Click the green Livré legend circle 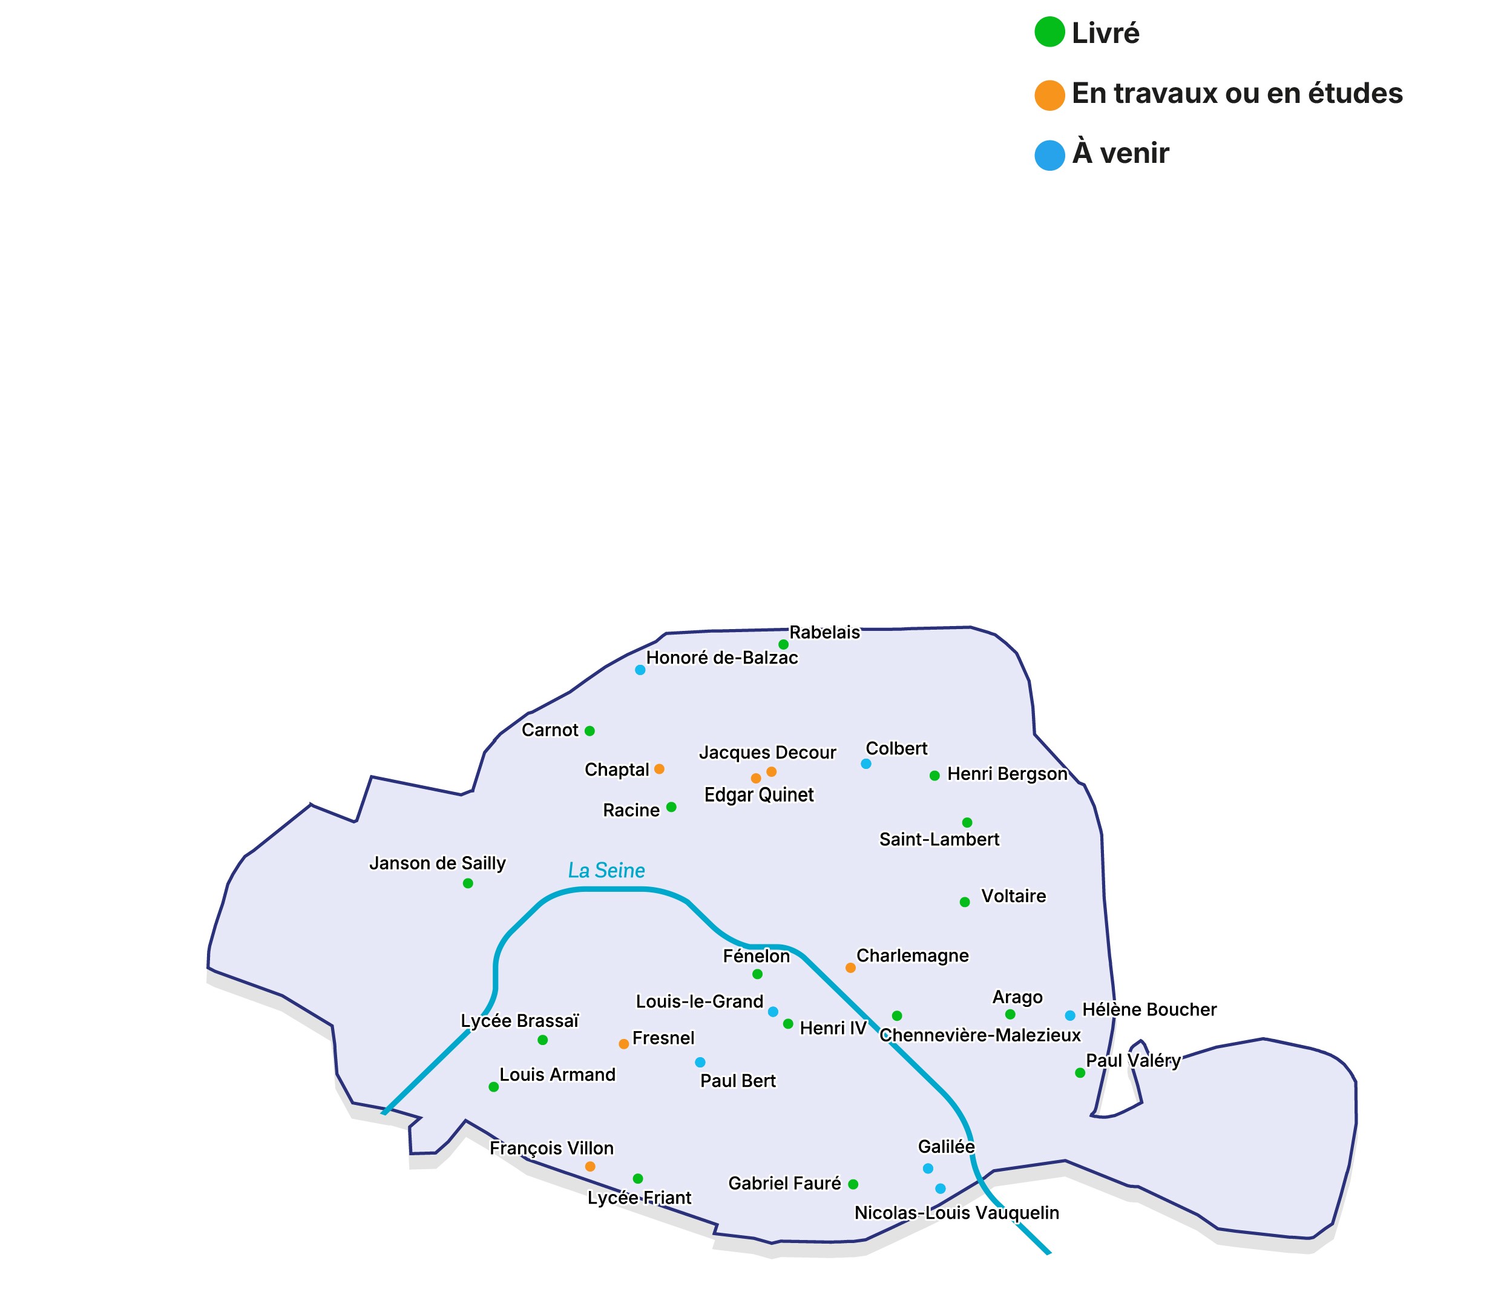tap(1049, 32)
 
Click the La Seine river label tap(606, 870)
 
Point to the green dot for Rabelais tap(783, 644)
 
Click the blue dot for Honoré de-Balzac tap(640, 670)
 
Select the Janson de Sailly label tap(437, 863)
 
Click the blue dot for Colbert tap(865, 763)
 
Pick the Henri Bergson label tap(1007, 774)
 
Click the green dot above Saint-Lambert tap(967, 822)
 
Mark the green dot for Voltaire tap(965, 902)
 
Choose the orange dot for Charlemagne tap(850, 968)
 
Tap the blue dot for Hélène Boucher tap(1069, 1015)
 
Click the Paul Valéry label tap(1132, 1060)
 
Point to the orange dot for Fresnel tap(624, 1044)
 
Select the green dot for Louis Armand tap(493, 1087)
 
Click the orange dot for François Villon tap(590, 1167)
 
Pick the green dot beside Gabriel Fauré tap(853, 1184)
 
